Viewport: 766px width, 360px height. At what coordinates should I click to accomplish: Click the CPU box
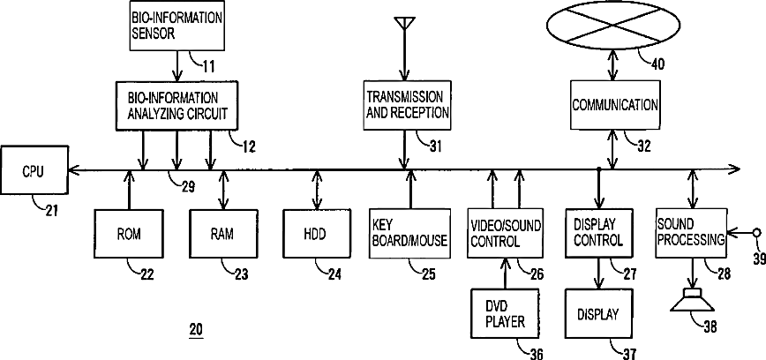point(34,170)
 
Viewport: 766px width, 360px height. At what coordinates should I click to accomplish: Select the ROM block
point(129,234)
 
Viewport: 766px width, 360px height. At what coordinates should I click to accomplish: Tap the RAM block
point(223,234)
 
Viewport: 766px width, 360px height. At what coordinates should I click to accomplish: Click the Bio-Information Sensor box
point(176,25)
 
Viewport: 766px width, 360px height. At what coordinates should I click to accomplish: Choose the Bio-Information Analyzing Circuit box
point(176,106)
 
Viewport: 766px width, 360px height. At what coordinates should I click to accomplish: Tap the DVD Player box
point(505,313)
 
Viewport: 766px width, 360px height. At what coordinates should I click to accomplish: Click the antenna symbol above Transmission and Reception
point(404,26)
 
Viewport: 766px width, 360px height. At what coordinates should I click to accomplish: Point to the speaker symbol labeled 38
point(692,300)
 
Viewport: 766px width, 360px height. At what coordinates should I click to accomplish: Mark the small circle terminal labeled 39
point(756,234)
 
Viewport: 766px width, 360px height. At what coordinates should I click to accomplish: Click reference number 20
point(196,330)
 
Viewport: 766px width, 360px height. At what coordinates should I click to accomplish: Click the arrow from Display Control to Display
point(599,273)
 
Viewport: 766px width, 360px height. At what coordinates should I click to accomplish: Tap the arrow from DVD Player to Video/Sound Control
point(505,274)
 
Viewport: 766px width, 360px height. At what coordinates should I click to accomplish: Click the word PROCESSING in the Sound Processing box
point(690,240)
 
